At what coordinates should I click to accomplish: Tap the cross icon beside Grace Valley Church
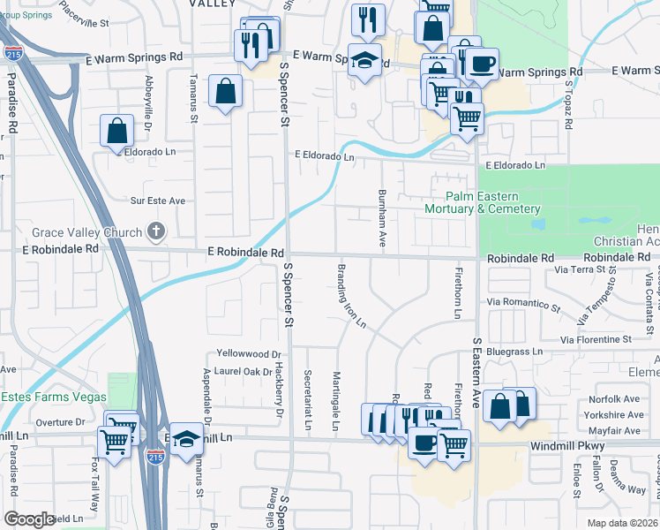(x=156, y=232)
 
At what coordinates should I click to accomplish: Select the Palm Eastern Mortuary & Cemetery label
(x=482, y=202)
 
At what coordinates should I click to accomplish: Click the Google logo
(x=29, y=519)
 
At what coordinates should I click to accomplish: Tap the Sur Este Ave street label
(x=158, y=201)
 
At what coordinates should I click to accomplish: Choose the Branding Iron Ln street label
(x=350, y=295)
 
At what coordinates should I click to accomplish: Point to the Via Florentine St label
(x=596, y=339)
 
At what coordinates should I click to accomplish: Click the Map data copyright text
(x=622, y=523)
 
